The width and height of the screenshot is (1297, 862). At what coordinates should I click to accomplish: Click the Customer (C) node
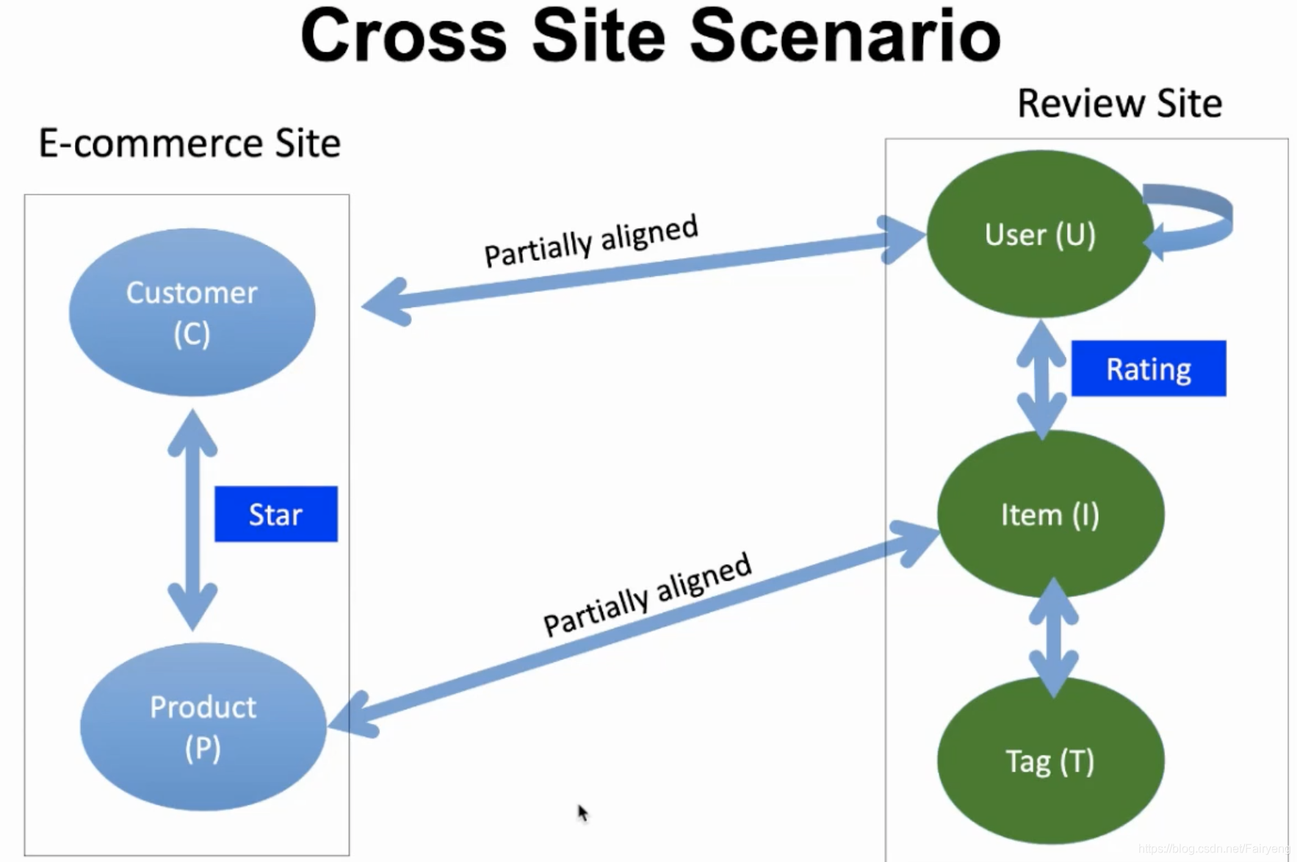pos(192,312)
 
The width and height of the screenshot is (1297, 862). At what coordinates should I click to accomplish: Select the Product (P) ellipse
pos(203,726)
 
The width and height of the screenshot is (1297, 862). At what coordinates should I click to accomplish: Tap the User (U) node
pos(1040,234)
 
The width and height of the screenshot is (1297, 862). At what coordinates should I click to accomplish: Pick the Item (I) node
pos(1050,514)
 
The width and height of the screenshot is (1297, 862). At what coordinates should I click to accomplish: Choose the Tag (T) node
pos(1050,761)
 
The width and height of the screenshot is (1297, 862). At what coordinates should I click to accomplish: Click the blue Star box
pos(276,514)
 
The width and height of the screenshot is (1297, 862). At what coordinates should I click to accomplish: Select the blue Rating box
pos(1149,369)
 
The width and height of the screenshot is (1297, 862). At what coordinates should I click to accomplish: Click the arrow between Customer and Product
pos(192,519)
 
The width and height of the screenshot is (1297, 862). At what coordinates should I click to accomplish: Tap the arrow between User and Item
pos(1041,380)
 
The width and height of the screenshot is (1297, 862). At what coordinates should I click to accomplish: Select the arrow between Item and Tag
pos(1054,637)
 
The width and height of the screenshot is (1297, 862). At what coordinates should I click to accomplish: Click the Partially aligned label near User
pos(591,241)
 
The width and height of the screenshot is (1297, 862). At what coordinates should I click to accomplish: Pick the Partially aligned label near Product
pos(647,595)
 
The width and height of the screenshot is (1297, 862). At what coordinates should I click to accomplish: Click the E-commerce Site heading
pos(189,143)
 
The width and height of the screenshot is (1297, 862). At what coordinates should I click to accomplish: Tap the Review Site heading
pos(1120,103)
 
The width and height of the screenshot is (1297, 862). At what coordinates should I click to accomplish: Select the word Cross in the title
pos(404,35)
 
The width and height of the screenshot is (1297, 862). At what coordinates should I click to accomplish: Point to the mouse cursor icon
pos(583,813)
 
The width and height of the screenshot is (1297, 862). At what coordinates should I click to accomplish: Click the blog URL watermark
pos(1214,849)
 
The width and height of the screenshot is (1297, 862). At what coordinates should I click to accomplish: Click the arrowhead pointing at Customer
pos(385,302)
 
